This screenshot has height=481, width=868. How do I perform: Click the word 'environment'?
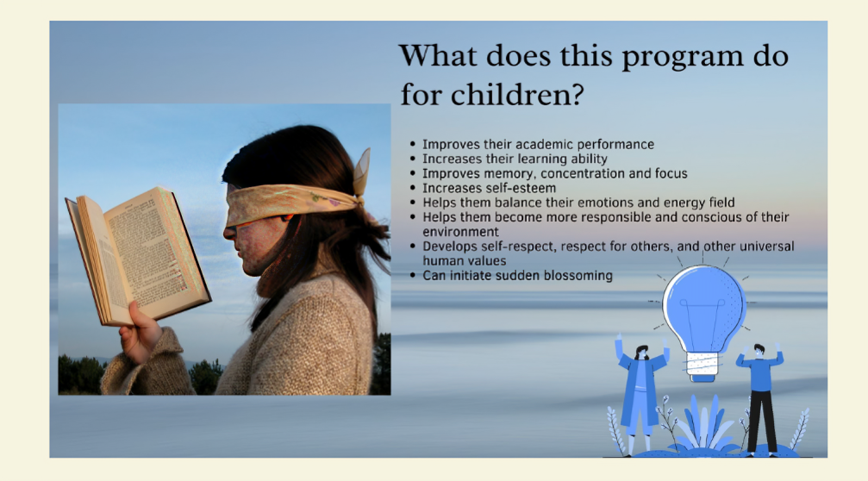click(460, 232)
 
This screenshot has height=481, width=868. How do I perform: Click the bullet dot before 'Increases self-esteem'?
click(412, 188)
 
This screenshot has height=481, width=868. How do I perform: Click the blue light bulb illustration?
click(703, 321)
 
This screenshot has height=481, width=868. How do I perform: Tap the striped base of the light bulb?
click(703, 365)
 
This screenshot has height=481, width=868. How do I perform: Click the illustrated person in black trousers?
click(761, 398)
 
